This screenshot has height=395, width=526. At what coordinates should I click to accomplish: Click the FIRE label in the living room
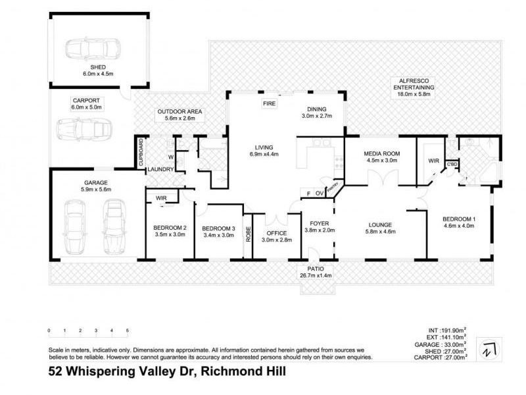tap(270, 105)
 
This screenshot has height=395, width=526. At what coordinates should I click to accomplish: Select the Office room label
tap(276, 234)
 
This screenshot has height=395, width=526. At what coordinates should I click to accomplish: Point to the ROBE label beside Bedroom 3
tap(248, 235)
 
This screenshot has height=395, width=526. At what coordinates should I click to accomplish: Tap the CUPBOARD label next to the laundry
tap(140, 153)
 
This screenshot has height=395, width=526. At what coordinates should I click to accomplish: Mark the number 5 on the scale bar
tap(128, 330)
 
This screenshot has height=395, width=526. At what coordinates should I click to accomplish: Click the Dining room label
tap(317, 109)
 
